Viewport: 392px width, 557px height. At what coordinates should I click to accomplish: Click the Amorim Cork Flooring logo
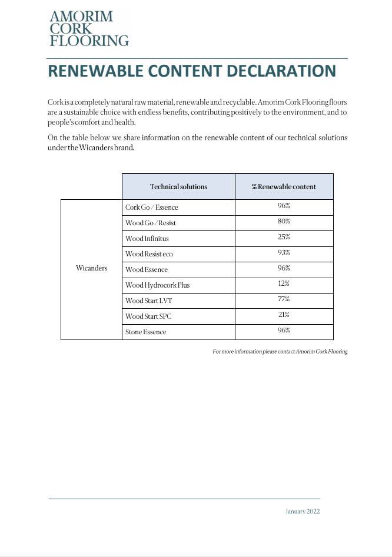pyautogui.click(x=89, y=28)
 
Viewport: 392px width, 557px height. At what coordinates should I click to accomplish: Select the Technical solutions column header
pyautogui.click(x=178, y=187)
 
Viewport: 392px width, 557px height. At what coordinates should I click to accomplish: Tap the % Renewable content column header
pyautogui.click(x=284, y=187)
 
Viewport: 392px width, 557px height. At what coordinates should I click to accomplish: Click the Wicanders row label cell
pyautogui.click(x=91, y=269)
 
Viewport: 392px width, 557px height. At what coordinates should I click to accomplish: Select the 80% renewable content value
pyautogui.click(x=284, y=222)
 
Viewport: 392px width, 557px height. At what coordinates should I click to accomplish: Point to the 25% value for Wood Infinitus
pyautogui.click(x=284, y=237)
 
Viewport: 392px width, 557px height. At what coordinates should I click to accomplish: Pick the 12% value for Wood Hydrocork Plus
pyautogui.click(x=284, y=284)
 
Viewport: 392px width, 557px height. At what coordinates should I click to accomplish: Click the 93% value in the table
pyautogui.click(x=284, y=252)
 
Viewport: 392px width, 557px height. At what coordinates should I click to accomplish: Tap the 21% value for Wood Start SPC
pyautogui.click(x=284, y=315)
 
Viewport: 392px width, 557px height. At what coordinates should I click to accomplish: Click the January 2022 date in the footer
pyautogui.click(x=303, y=512)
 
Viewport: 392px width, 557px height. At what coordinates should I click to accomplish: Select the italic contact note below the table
pyautogui.click(x=280, y=351)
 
